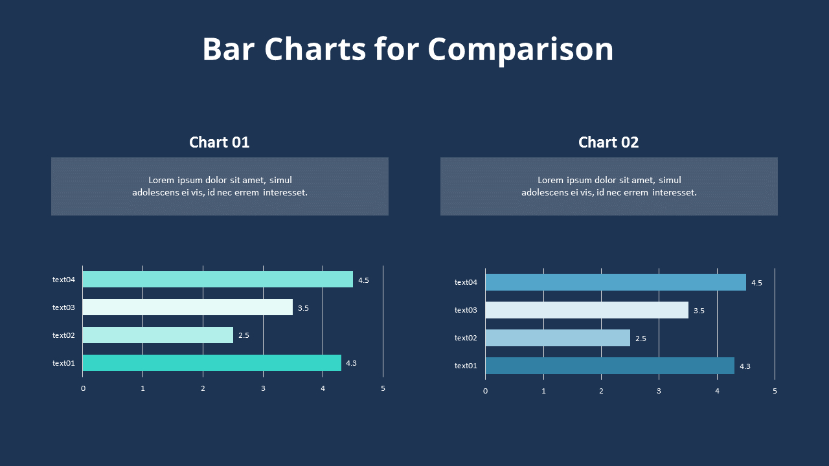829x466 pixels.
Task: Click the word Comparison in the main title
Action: pos(520,50)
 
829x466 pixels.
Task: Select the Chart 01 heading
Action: pos(219,142)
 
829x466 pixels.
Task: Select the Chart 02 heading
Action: pos(608,142)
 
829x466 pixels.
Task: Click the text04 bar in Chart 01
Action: pos(217,280)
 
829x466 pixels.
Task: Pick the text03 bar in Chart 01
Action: pos(187,307)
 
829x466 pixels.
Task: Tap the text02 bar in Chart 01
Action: pos(157,335)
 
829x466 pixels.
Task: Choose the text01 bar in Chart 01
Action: pos(211,362)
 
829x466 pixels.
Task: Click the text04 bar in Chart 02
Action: pos(615,282)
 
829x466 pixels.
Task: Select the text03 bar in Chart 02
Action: pos(586,310)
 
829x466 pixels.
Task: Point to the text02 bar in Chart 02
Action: pos(557,338)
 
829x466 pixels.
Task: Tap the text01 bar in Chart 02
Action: pos(609,366)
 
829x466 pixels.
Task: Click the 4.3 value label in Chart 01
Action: pos(351,363)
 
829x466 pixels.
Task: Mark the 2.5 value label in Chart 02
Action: pos(641,338)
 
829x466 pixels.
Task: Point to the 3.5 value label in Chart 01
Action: pos(303,308)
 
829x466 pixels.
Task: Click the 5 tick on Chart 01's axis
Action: pos(383,388)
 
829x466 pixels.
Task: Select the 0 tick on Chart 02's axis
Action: pos(485,391)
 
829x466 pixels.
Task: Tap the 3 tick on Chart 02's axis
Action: pos(659,391)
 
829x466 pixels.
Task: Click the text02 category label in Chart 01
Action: pos(63,335)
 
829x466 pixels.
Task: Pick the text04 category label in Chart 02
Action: pos(466,282)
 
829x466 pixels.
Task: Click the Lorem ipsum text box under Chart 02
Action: pos(609,186)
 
